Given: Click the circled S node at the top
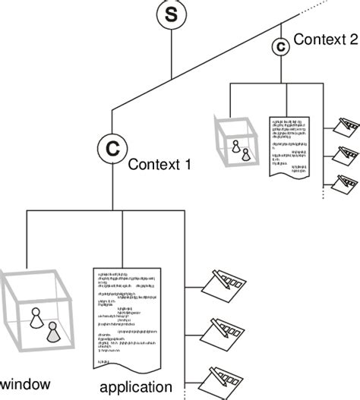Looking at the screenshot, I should pos(171,14).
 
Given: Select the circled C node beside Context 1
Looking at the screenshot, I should pos(112,148).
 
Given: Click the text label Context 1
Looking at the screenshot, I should pos(159,163).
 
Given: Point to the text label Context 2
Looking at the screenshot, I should pos(325,39).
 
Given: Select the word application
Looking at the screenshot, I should pos(140,388).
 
